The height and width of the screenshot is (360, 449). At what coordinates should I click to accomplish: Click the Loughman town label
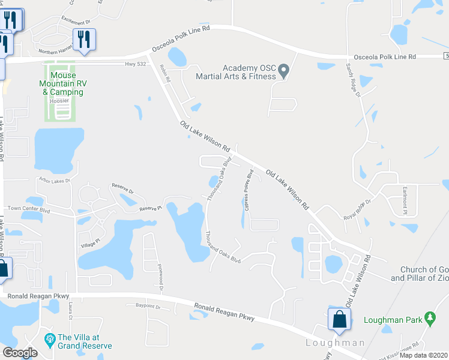tap(335, 343)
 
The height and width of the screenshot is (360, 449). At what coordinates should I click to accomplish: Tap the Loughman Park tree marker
tap(429, 317)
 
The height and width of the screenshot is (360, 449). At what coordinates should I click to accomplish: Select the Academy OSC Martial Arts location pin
tap(285, 71)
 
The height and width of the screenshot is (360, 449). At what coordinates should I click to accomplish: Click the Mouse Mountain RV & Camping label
tap(62, 84)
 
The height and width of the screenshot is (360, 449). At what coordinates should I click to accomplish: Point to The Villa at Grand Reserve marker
tap(50, 341)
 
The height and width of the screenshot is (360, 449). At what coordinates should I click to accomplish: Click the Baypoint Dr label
tap(148, 307)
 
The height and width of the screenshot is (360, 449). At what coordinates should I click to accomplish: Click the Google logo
tap(20, 353)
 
